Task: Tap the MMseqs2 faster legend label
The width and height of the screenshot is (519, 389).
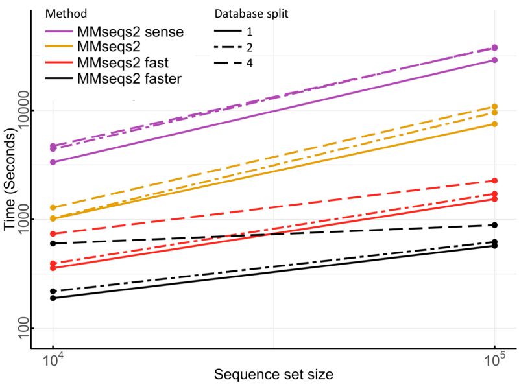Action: coord(128,79)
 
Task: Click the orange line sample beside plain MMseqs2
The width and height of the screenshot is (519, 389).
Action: coord(58,47)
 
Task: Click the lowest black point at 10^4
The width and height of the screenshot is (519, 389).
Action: coord(53,298)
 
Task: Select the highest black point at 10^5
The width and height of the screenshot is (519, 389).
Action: coord(495,225)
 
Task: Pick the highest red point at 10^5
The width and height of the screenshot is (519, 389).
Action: coord(495,180)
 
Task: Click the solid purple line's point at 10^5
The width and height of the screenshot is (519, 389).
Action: coord(495,60)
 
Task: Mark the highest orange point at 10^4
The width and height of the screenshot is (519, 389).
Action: coord(53,207)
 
